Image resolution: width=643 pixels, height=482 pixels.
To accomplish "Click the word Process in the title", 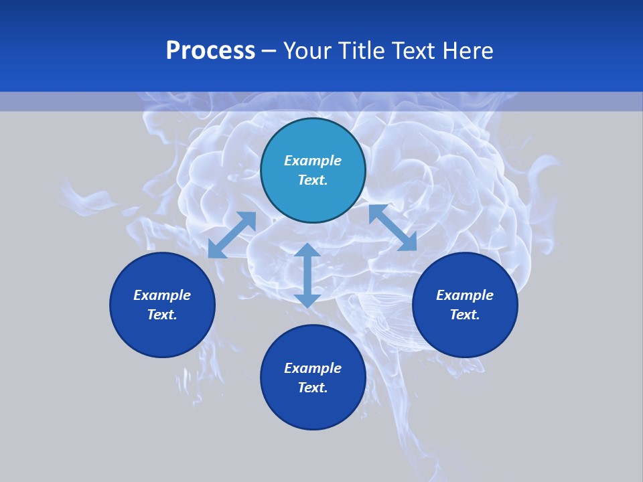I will [210, 51].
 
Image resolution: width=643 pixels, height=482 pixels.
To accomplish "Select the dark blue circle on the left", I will [162, 335].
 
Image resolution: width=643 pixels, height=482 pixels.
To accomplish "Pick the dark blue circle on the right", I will [465, 335].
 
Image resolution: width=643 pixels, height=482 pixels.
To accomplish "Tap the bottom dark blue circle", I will [313, 408].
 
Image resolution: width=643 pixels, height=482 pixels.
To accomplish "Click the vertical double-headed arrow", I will [307, 275].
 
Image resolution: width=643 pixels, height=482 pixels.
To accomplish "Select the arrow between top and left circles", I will [232, 235].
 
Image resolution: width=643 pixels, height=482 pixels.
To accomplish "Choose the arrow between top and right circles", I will [393, 228].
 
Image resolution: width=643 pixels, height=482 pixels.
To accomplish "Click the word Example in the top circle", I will [313, 161].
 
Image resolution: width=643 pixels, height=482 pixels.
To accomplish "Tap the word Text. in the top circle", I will [313, 180].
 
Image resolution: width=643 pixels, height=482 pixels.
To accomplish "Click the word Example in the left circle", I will [162, 295].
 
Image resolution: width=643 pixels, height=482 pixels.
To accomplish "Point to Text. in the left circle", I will [162, 315].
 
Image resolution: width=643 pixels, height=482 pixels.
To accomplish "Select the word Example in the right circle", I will [465, 295].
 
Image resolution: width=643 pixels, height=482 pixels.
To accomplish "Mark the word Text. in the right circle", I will [465, 315].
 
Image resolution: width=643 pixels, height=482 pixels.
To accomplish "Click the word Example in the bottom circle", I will [313, 368].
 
